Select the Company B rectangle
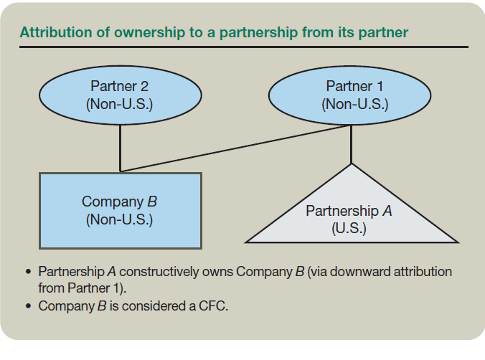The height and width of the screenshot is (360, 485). pos(120,210)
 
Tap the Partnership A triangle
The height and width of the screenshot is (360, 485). pos(351,214)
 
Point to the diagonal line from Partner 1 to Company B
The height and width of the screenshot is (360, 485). pos(237,148)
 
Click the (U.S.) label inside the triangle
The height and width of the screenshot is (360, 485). pos(349,229)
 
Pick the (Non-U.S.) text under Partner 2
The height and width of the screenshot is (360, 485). pos(120,103)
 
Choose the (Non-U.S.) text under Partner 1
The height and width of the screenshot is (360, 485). pos(355,103)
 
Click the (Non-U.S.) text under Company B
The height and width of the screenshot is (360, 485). pos(120,219)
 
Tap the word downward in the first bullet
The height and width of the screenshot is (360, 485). pos(362,273)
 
